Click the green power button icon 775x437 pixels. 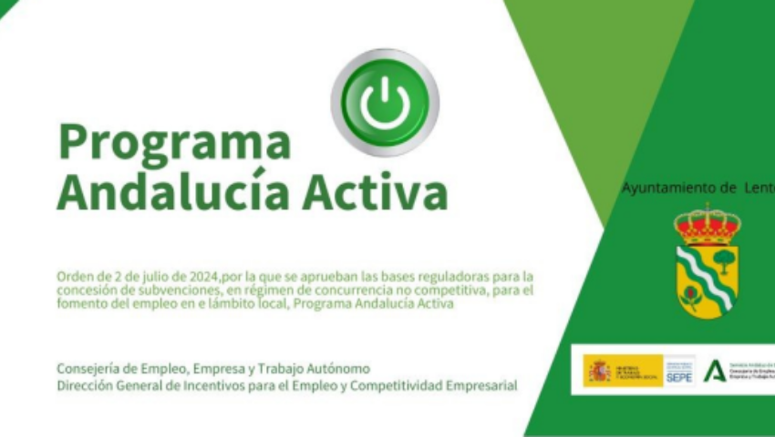(x=384, y=102)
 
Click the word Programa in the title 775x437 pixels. (x=174, y=143)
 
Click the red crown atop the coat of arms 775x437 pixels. (x=707, y=223)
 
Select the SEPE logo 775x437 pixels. (x=678, y=371)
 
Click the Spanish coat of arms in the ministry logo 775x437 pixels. (x=599, y=371)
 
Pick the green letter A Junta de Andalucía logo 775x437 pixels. (x=715, y=371)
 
